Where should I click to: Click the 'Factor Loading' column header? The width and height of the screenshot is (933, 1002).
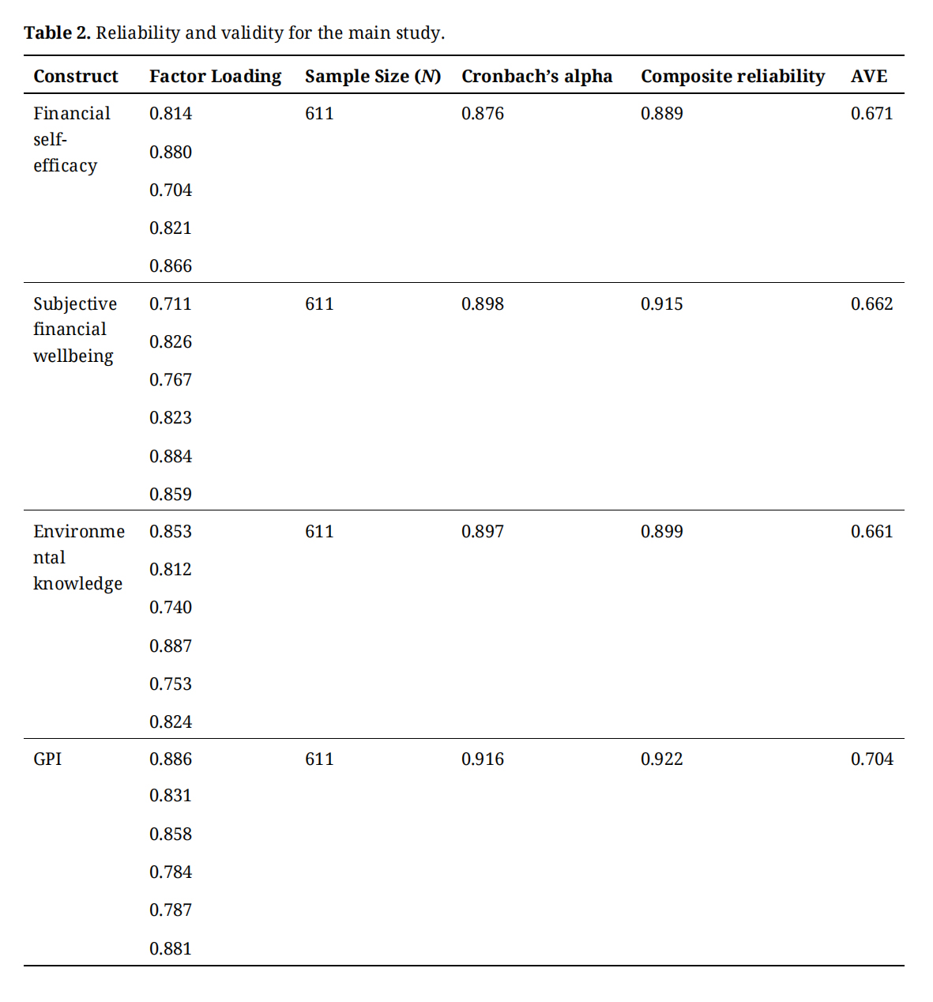(215, 77)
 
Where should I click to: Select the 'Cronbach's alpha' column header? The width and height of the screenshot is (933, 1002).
(536, 77)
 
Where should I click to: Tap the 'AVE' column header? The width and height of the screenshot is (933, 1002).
(868, 77)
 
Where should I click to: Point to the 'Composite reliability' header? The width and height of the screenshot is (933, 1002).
(732, 77)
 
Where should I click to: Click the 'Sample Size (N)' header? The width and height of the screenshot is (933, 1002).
(372, 77)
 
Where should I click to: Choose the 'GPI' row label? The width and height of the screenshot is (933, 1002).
(47, 759)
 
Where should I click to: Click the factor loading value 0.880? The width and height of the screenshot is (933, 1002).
(171, 153)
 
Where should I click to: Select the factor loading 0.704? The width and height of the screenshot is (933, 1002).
(171, 190)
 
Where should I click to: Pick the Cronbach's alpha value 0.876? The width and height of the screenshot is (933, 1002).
(482, 114)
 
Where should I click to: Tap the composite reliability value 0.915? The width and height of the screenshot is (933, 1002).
(661, 304)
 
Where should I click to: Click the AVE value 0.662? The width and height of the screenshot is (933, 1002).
(871, 304)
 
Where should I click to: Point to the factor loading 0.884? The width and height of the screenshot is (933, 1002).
(171, 457)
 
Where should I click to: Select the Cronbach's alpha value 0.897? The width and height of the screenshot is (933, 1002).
(482, 532)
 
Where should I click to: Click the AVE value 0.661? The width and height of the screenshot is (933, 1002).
(871, 532)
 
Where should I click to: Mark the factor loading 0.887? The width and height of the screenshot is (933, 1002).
(171, 646)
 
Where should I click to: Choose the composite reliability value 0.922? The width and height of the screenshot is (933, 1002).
(661, 759)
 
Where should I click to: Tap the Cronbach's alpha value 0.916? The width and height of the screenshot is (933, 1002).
(482, 759)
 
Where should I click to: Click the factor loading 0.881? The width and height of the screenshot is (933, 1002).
(171, 949)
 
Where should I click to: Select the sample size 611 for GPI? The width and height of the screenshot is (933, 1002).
(319, 759)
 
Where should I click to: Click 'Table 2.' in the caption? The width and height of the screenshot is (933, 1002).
(57, 33)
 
